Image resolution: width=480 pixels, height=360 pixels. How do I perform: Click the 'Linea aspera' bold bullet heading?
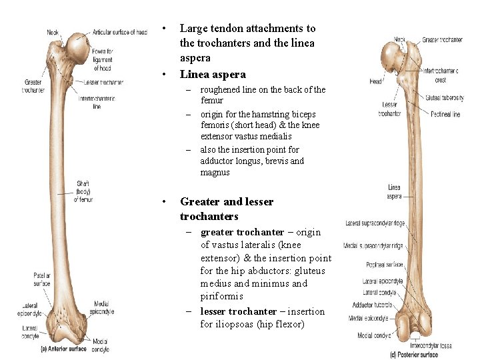click(x=213, y=75)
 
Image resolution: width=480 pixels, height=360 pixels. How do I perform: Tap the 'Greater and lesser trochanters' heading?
click(x=227, y=209)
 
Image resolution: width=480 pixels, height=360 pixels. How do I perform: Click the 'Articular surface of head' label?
click(x=120, y=32)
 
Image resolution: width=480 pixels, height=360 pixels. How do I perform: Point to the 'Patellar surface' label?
click(x=41, y=279)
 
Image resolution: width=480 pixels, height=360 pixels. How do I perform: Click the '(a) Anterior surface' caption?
click(x=63, y=349)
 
